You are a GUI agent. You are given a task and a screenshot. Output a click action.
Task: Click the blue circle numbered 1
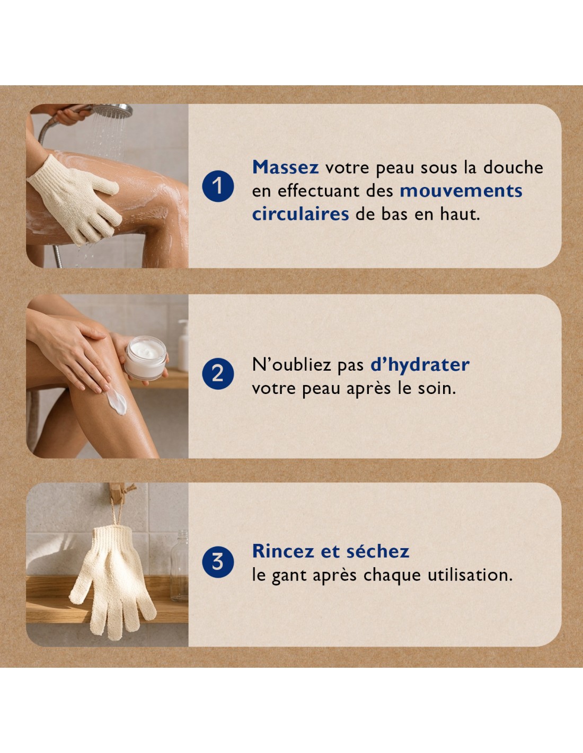click(x=218, y=186)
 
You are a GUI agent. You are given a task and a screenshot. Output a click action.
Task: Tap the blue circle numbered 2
click(x=218, y=373)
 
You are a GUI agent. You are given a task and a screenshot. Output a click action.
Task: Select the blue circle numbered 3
click(x=218, y=562)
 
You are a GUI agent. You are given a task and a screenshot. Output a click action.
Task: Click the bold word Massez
click(x=285, y=167)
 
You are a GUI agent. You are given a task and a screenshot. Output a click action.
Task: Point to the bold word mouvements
click(x=461, y=191)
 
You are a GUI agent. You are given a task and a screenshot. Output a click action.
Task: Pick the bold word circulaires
click(x=301, y=214)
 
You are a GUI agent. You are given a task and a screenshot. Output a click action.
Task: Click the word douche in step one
click(x=513, y=167)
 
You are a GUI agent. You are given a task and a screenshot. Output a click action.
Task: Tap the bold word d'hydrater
click(x=420, y=365)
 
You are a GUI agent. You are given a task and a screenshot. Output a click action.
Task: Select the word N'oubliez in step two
click(x=291, y=365)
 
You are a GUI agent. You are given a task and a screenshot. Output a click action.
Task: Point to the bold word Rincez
click(x=283, y=551)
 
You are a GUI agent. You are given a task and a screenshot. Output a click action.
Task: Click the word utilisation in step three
click(x=470, y=575)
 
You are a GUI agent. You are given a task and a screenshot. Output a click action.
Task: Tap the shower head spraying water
click(x=110, y=110)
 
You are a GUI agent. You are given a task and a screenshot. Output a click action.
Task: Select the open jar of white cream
click(x=146, y=358)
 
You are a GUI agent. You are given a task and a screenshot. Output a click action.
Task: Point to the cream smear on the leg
click(x=117, y=401)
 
